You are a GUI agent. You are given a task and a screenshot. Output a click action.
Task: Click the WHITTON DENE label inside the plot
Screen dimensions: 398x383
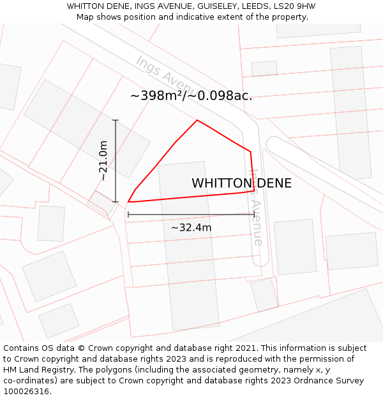coord(241,183)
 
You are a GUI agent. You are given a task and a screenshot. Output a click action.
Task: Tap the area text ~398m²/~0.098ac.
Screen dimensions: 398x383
coord(191,96)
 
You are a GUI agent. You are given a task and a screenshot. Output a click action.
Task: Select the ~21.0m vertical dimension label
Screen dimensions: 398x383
coord(103,161)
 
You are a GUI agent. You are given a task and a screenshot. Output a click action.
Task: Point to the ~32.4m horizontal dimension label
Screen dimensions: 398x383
coord(191,227)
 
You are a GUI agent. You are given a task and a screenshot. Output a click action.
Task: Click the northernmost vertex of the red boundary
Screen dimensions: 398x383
coord(197,120)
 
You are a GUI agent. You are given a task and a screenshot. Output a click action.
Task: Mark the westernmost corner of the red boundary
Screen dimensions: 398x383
coord(128,202)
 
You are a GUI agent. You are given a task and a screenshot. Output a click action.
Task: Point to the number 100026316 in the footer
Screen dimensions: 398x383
coord(25,392)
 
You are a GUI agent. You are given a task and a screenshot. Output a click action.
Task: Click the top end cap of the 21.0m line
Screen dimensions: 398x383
coord(116,120)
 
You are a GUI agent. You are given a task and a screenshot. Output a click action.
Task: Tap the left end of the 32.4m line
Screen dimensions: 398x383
coord(128,215)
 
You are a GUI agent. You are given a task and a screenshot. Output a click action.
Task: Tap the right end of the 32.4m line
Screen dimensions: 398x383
coord(254,215)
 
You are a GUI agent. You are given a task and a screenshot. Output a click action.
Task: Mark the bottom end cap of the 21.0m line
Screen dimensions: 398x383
coord(116,202)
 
